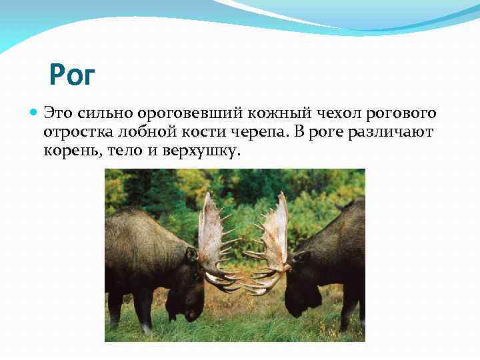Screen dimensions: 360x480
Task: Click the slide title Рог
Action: [73, 75]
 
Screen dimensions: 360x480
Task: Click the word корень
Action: [71, 153]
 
